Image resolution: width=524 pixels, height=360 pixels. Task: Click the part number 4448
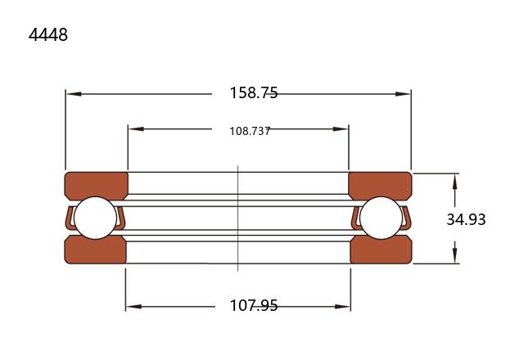click(x=48, y=34)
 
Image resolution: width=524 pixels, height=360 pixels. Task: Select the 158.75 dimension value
click(x=254, y=92)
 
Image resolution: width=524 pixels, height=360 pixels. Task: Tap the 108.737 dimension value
click(x=250, y=131)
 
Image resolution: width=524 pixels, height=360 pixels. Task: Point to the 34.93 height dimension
click(x=466, y=219)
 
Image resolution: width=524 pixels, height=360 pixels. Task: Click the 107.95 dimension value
click(x=254, y=305)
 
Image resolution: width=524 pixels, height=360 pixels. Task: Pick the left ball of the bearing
click(x=96, y=218)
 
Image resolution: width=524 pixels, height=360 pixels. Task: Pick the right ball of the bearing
click(x=382, y=218)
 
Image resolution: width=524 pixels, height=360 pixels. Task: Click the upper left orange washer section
click(x=97, y=185)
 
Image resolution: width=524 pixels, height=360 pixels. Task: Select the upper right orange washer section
click(x=380, y=185)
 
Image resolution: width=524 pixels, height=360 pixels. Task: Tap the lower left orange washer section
click(x=95, y=250)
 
